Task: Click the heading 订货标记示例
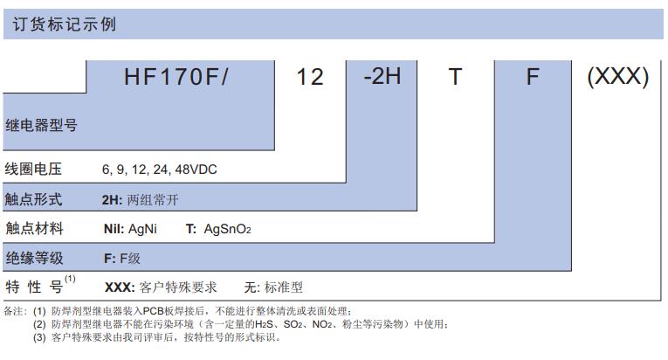[65, 24]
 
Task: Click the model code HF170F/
[176, 77]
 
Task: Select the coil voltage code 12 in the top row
[310, 77]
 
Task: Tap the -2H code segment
[382, 76]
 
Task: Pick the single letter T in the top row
[455, 77]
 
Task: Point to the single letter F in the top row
[533, 77]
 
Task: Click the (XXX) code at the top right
[618, 77]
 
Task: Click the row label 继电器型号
[41, 126]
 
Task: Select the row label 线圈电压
[33, 169]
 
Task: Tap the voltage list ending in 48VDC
[159, 170]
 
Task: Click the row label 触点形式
[33, 198]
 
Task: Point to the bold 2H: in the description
[112, 199]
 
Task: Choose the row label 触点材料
[34, 229]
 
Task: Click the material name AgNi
[142, 229]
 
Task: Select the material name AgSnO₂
[228, 229]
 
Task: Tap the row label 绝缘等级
[34, 258]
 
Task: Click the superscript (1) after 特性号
[70, 279]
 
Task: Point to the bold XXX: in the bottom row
[120, 287]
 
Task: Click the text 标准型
[283, 287]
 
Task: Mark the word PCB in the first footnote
[154, 311]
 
